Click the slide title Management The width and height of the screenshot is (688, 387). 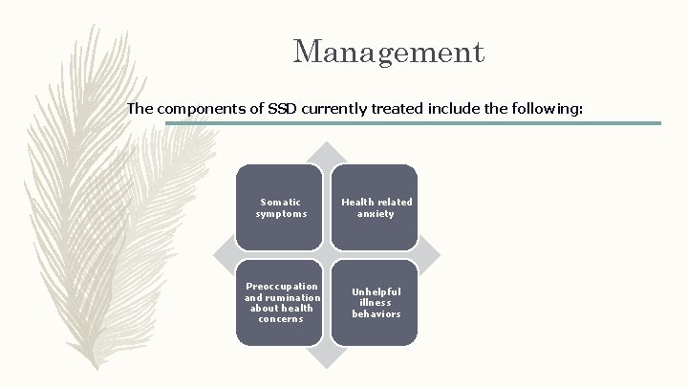coord(388,52)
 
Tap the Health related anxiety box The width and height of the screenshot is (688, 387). coord(376,207)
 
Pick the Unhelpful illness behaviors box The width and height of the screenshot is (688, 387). coord(376,302)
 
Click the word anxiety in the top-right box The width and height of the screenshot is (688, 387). coord(376,214)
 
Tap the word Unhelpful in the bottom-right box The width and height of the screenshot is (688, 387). coord(376,291)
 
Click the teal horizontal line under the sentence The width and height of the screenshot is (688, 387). coord(411,123)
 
